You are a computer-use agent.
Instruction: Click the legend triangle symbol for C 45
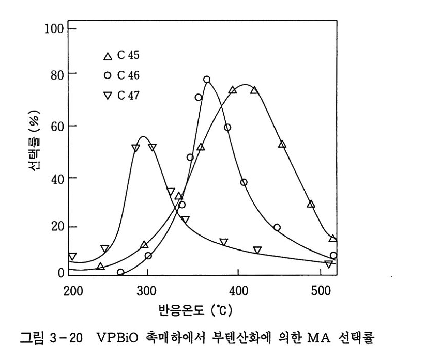click(107, 56)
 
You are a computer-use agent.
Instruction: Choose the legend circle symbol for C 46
click(107, 75)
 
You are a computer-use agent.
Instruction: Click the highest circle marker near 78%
click(207, 80)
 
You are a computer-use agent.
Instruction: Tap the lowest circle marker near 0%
click(120, 272)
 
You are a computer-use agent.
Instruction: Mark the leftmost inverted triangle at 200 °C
click(72, 257)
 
